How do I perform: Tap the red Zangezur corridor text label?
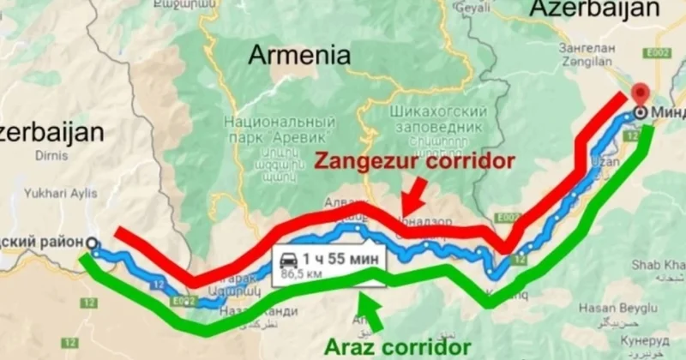(415, 160)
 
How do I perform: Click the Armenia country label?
(299, 57)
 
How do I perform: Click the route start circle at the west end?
(92, 243)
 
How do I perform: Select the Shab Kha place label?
(659, 267)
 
